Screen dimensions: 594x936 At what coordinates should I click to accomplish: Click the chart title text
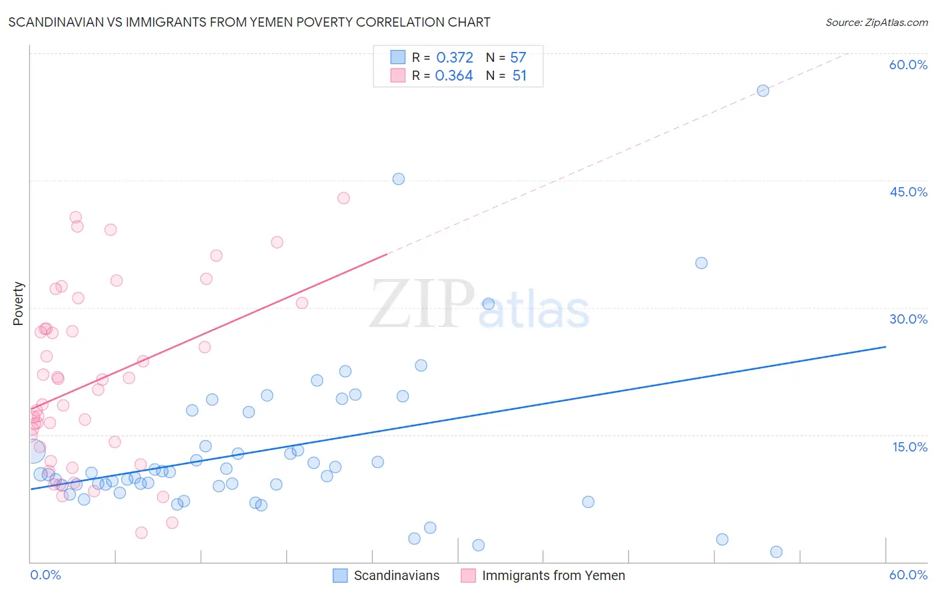pos(249,22)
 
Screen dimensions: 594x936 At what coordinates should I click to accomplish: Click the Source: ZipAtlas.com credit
pos(876,22)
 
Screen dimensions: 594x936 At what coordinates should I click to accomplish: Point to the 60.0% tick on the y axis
pos(908,65)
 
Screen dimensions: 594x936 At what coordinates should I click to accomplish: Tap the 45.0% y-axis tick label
pos(908,192)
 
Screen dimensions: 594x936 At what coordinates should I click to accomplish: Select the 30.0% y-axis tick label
pos(908,319)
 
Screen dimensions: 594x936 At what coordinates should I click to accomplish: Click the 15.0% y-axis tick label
pos(909,447)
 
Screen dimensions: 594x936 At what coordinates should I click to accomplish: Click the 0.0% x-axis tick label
pos(45,575)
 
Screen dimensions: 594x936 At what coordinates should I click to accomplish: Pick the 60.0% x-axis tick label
pos(908,575)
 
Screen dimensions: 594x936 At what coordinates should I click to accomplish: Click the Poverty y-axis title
pos(18,304)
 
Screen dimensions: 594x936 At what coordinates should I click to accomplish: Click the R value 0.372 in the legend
pos(455,58)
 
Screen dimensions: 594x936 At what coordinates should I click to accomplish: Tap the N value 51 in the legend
pos(519,76)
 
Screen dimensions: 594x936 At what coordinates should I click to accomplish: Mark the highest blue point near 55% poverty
pos(763,91)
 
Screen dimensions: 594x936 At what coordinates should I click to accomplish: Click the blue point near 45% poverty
pos(398,178)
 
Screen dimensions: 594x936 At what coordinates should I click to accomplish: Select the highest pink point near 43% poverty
pos(344,198)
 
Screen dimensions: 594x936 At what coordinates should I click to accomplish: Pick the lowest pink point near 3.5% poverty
pos(141,533)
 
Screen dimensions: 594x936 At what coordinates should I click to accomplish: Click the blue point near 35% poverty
pos(701,263)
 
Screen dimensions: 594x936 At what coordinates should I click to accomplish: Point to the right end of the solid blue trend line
pos(885,346)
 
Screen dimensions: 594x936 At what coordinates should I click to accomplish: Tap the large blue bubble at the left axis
pos(33,451)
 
